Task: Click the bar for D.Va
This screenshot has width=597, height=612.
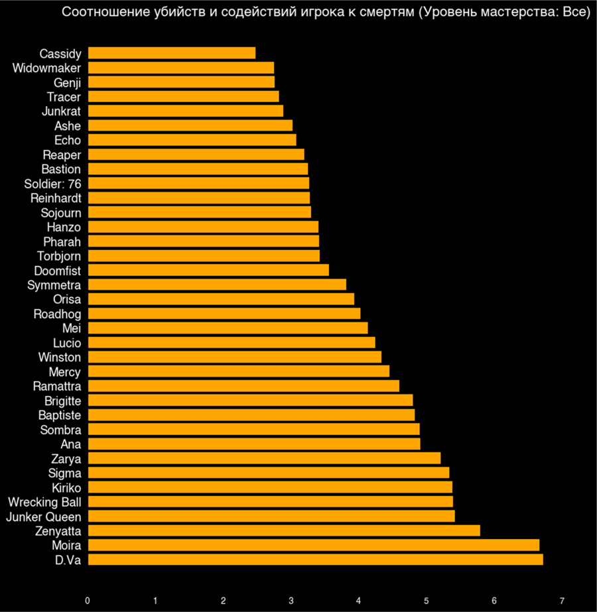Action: [315, 560]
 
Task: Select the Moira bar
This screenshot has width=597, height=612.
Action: [313, 545]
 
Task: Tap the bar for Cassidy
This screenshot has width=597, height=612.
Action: [171, 53]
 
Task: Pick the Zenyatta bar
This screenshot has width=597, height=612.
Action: [284, 530]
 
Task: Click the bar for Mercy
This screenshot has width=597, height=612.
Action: [238, 371]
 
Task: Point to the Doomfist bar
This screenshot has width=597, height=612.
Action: [208, 270]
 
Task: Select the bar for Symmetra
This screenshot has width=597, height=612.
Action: [217, 284]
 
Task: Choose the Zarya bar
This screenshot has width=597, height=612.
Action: [264, 458]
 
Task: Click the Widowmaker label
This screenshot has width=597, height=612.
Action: [46, 68]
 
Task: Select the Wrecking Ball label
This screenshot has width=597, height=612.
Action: [44, 501]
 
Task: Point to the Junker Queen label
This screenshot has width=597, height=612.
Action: [43, 517]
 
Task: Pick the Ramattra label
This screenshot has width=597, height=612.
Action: [57, 386]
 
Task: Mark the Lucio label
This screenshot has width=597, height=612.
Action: [67, 343]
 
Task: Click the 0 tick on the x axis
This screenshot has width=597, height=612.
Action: [88, 601]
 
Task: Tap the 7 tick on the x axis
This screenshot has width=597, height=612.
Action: [562, 601]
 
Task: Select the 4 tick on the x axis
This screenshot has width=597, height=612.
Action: [359, 601]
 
